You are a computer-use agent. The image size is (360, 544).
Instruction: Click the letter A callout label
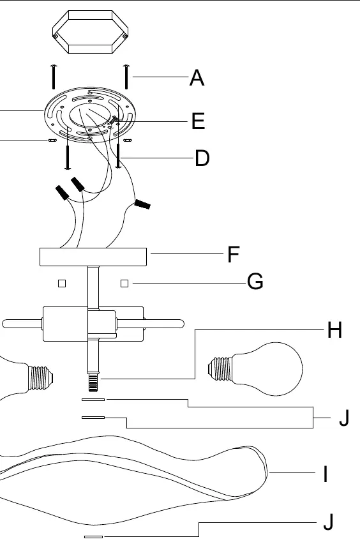(x=197, y=77)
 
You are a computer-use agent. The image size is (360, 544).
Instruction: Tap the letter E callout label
(x=198, y=121)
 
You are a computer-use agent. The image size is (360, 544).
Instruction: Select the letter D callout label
(x=202, y=158)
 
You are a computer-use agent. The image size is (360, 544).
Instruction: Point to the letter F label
(x=234, y=254)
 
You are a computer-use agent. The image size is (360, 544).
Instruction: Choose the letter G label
(x=255, y=282)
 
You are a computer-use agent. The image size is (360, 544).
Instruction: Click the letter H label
(x=334, y=329)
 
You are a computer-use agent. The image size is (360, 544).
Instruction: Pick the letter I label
(x=326, y=474)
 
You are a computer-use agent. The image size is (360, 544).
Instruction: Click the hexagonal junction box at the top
(x=91, y=32)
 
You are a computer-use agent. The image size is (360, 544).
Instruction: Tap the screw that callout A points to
(x=126, y=77)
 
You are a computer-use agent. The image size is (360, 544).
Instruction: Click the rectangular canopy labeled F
(x=93, y=257)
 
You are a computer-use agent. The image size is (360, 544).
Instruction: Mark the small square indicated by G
(x=124, y=283)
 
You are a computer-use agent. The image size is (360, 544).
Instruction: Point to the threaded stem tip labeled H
(x=93, y=382)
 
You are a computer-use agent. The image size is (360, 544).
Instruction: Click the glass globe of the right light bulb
(x=274, y=369)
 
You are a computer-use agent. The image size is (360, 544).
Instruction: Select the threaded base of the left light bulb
(x=41, y=377)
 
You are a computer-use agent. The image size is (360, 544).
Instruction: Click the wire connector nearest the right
(x=142, y=204)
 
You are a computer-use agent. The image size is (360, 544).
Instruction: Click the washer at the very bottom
(x=93, y=537)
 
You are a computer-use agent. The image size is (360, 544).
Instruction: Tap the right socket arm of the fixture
(x=150, y=324)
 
